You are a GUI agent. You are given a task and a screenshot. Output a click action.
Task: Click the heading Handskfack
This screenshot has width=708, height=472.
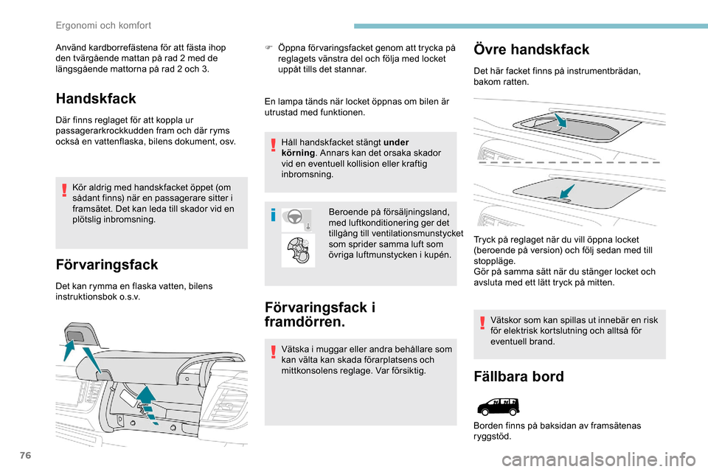coord(96,97)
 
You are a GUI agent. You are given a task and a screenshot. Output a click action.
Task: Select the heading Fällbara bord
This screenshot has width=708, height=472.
coord(519,376)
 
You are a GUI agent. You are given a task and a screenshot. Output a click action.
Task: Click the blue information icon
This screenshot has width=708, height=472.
coord(273,215)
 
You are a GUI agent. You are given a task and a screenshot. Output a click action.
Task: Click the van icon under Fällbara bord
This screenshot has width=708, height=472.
coord(498,406)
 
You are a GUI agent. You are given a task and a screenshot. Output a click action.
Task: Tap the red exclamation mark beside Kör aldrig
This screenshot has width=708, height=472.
coord(64,191)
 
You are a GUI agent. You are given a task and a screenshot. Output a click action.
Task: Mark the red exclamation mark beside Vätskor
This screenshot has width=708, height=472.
coord(481,324)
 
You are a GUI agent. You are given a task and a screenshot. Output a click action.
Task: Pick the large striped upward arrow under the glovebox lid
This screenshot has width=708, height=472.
coord(148,403)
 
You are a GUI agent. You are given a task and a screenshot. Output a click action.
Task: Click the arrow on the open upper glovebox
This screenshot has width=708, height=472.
coord(561,120)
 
